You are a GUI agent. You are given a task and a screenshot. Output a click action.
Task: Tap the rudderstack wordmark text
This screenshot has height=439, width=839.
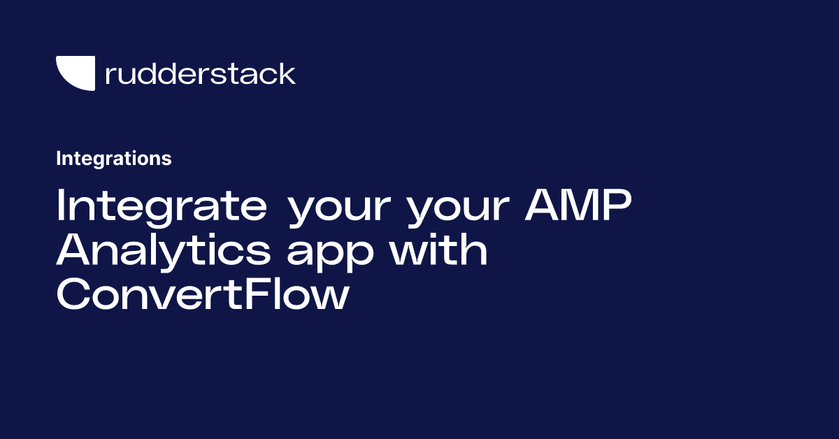click(x=200, y=73)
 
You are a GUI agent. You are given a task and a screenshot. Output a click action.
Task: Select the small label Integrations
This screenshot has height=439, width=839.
click(x=113, y=159)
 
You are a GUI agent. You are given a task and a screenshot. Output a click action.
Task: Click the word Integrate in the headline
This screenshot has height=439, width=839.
click(x=161, y=206)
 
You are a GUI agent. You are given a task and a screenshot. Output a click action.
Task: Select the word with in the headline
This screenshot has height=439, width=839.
click(x=438, y=250)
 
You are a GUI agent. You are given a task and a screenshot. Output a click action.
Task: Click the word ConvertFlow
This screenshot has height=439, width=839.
click(x=202, y=296)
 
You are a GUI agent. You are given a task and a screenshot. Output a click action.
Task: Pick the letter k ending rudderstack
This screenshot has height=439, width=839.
click(x=287, y=73)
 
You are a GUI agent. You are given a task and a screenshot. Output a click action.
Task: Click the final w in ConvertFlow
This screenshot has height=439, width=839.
click(x=330, y=298)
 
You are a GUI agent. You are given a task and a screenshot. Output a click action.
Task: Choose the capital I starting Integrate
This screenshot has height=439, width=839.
click(x=61, y=206)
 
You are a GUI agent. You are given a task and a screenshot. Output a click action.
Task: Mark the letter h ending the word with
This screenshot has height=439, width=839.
click(x=475, y=250)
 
